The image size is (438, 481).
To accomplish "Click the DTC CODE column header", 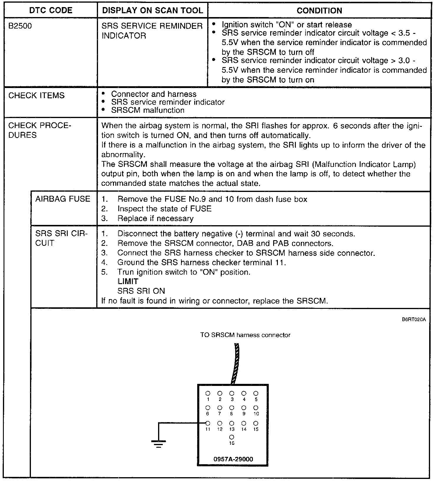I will click(x=51, y=11).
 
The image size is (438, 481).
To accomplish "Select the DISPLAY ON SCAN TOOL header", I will click(x=152, y=11).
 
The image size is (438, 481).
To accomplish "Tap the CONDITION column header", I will click(x=319, y=11).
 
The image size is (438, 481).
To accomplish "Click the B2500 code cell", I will click(x=20, y=26).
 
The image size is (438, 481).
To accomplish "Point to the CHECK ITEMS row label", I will click(x=36, y=96).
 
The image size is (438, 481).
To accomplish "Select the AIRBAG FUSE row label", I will click(x=63, y=199).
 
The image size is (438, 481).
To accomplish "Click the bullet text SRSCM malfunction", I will click(x=147, y=110).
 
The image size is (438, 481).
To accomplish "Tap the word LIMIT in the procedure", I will click(x=128, y=282).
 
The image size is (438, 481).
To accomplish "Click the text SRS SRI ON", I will click(x=141, y=291).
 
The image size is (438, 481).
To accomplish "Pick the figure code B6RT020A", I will click(x=414, y=320).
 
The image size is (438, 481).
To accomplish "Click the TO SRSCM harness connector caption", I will click(x=245, y=335).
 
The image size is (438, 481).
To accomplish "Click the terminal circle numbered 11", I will click(x=208, y=423).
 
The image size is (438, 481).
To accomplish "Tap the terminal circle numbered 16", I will click(x=232, y=437).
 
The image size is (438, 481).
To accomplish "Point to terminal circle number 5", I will click(x=256, y=393).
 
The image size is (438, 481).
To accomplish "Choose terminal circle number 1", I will click(x=208, y=393).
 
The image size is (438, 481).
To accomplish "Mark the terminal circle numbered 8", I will click(x=232, y=408).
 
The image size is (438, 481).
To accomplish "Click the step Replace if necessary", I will click(x=155, y=218).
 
